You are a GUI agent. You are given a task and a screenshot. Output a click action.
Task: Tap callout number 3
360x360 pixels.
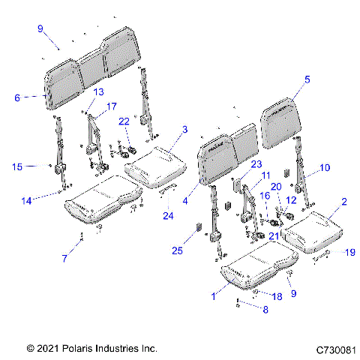184,130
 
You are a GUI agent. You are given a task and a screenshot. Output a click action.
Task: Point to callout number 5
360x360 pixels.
307,78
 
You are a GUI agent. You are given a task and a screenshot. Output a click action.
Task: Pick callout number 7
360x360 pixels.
65,259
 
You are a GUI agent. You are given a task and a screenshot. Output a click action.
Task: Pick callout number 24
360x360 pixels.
167,217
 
